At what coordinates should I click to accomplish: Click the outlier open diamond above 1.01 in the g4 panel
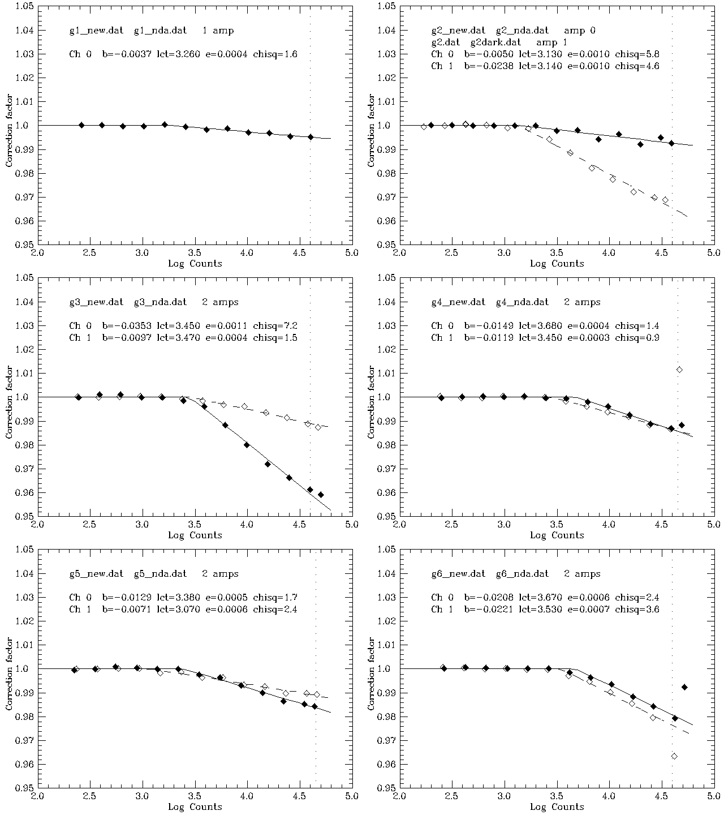pos(679,370)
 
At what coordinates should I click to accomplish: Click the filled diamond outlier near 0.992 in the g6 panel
pos(684,687)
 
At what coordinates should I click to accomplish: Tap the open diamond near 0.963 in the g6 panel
pos(674,756)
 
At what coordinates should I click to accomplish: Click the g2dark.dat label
pos(495,42)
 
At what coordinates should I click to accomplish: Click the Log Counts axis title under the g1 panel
pos(195,264)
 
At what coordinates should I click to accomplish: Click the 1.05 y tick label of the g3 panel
pos(25,278)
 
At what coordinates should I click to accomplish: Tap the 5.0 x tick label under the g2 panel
pos(713,254)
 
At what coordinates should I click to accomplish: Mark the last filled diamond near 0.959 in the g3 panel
pos(321,495)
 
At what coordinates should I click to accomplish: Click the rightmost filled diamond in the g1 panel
pos(311,137)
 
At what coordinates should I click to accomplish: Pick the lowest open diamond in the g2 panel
pos(665,200)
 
